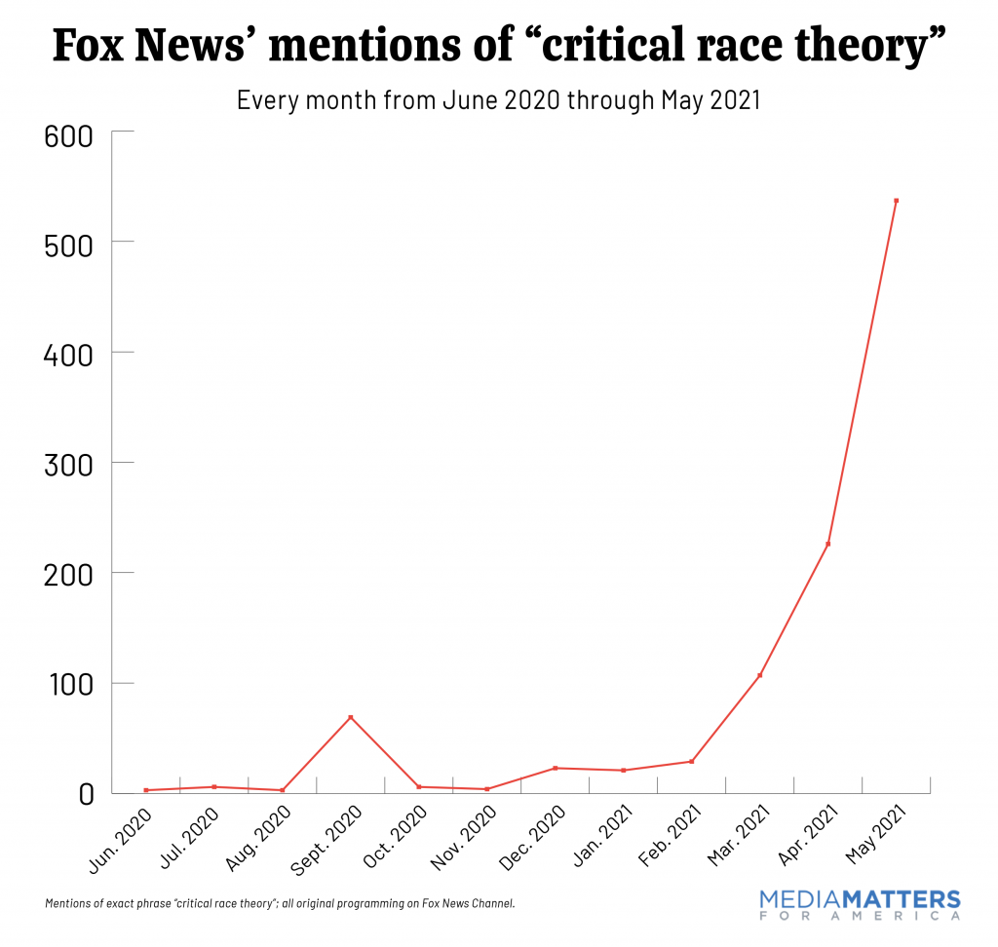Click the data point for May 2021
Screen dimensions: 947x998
coord(896,201)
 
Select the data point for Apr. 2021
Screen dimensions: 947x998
coord(827,544)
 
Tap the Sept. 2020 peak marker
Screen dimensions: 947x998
coord(350,718)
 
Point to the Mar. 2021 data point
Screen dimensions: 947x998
coord(759,675)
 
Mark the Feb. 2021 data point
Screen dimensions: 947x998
coord(691,761)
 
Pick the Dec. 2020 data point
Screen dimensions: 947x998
coord(555,768)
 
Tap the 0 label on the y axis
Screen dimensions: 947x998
coord(85,794)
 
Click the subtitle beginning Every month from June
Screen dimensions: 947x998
coord(498,99)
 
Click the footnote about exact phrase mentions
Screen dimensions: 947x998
coord(280,903)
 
